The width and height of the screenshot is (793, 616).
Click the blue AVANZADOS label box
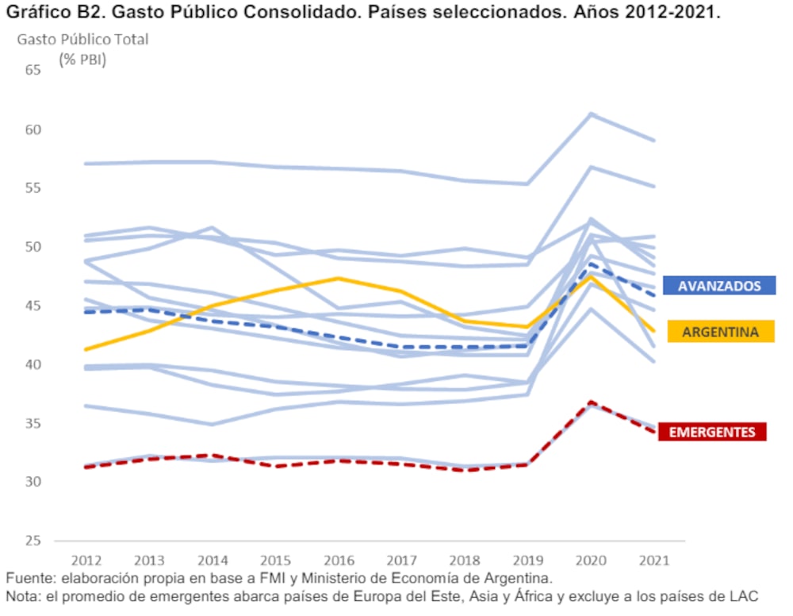(x=718, y=286)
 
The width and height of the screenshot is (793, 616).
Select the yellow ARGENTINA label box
(x=720, y=332)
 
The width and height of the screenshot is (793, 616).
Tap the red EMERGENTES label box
(x=714, y=432)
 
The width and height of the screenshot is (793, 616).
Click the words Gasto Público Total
(x=82, y=39)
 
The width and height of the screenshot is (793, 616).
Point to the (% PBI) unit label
(x=82, y=59)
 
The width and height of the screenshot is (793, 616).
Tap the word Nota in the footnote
(x=21, y=596)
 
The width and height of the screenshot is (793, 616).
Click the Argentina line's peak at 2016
(x=339, y=278)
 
